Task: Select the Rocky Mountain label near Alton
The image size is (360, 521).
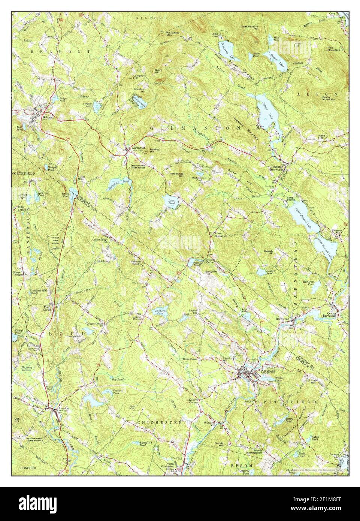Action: pyautogui.click(x=329, y=98)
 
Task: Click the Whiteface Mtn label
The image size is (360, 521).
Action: pyautogui.click(x=172, y=34)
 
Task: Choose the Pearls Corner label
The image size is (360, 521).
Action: pyautogui.click(x=48, y=308)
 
